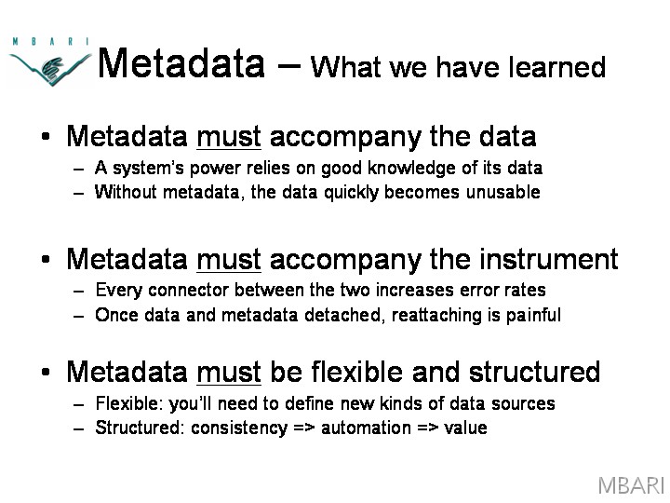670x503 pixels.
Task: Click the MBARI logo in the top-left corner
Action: tap(49, 62)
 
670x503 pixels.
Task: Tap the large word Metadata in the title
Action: tap(181, 63)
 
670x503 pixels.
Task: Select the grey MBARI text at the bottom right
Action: tap(631, 485)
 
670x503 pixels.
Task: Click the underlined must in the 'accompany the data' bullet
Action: tap(229, 137)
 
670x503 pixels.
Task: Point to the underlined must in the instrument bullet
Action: tap(229, 260)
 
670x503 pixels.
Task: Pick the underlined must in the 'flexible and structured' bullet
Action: tap(229, 372)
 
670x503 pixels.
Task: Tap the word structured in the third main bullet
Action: tap(534, 372)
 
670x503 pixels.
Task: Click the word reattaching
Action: tap(436, 315)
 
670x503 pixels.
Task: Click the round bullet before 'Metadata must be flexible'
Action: tap(46, 372)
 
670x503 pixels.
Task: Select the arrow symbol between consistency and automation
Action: tap(303, 428)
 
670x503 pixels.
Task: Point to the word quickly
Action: tap(351, 193)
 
